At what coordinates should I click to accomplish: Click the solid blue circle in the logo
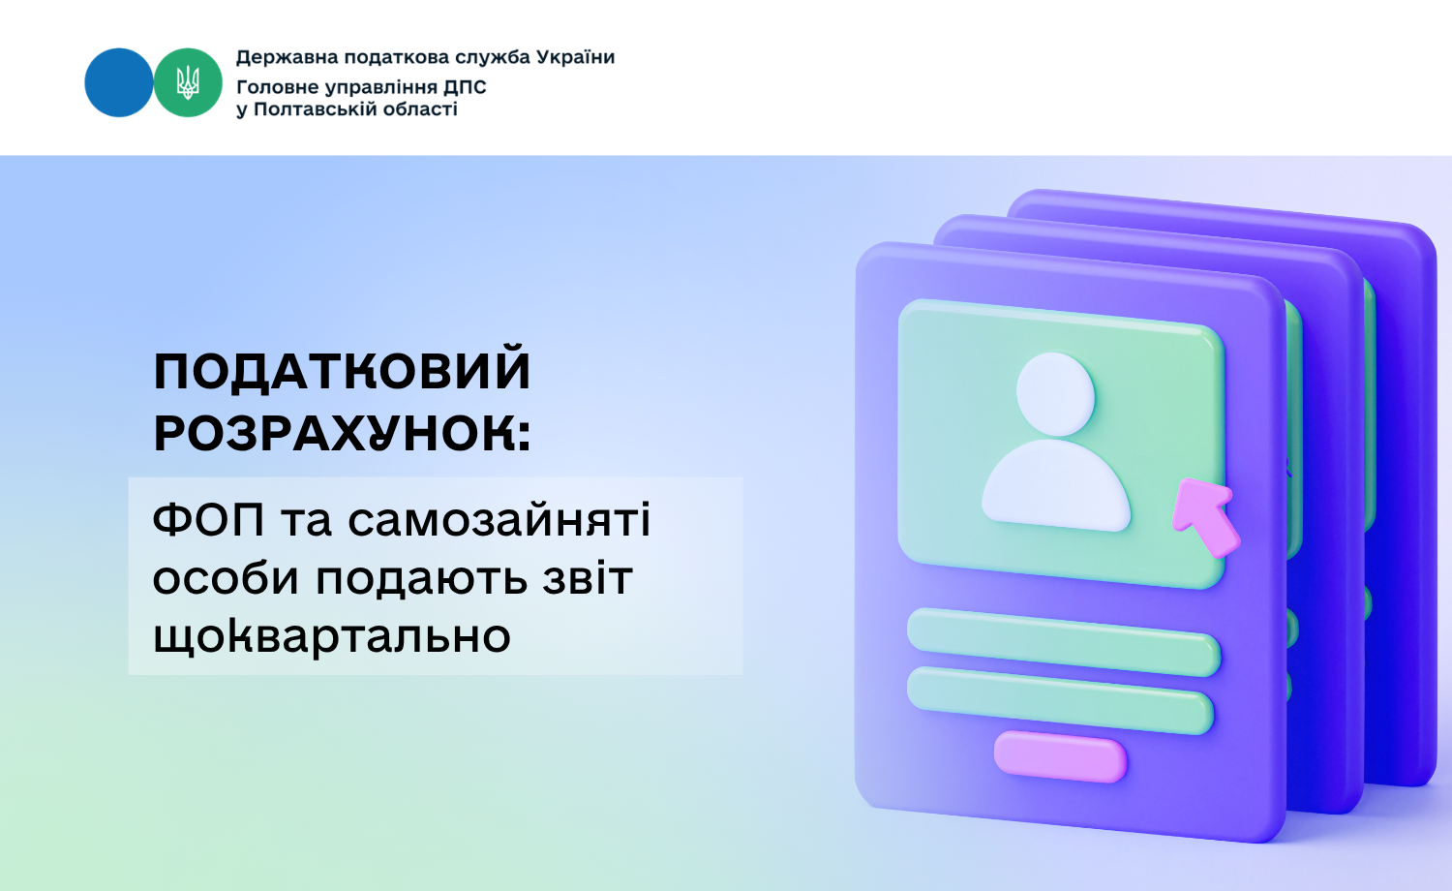[119, 82]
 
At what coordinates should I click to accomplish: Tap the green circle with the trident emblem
[188, 82]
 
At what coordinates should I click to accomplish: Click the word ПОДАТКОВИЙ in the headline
[342, 371]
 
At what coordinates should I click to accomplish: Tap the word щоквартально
[332, 635]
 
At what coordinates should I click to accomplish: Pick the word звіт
[588, 577]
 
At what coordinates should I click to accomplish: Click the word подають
[421, 578]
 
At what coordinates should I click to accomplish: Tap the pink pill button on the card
[1061, 756]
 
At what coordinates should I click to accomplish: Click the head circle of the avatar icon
[1055, 394]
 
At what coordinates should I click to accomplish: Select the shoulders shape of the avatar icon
[1057, 485]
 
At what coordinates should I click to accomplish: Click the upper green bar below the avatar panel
[1064, 642]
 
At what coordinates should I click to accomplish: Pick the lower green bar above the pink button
[1060, 700]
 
